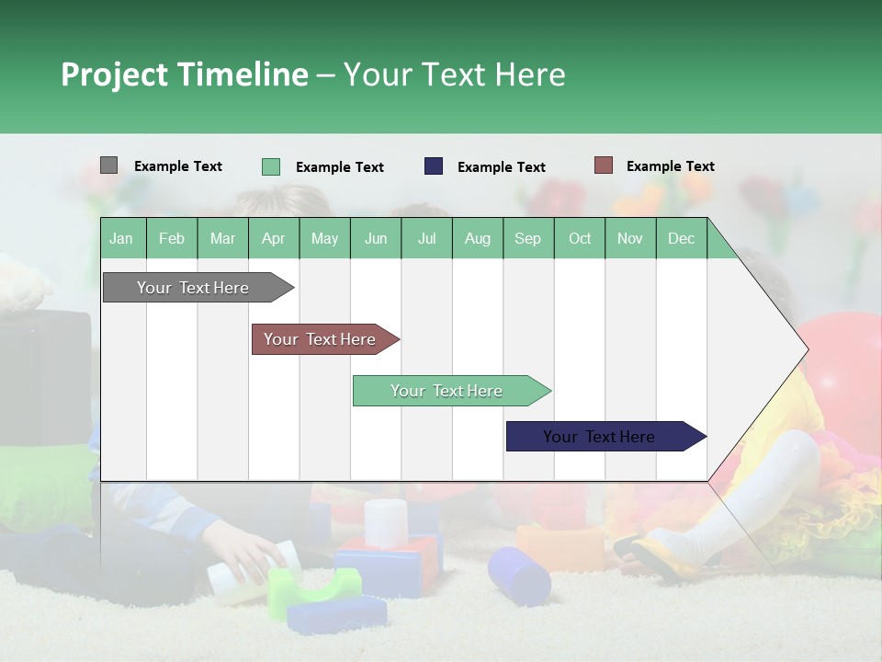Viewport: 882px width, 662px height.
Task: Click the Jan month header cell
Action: point(122,238)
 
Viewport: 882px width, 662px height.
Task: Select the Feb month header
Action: point(172,238)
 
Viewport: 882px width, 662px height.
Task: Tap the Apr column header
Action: point(274,238)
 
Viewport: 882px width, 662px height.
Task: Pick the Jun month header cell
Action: point(376,238)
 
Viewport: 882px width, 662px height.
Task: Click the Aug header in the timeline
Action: point(478,238)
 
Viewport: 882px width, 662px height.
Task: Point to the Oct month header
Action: point(580,238)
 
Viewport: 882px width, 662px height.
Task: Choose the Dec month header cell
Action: point(682,238)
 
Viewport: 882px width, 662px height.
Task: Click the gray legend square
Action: point(108,165)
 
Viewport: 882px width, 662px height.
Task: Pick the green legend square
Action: point(270,166)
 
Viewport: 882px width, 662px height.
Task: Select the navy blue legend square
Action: point(433,166)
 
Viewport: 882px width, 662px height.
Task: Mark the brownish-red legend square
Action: point(603,165)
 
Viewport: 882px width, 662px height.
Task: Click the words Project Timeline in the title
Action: point(184,74)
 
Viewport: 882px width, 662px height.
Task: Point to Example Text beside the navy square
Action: point(501,167)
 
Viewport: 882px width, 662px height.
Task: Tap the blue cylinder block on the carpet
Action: point(519,574)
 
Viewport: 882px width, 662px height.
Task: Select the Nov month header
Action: point(630,238)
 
